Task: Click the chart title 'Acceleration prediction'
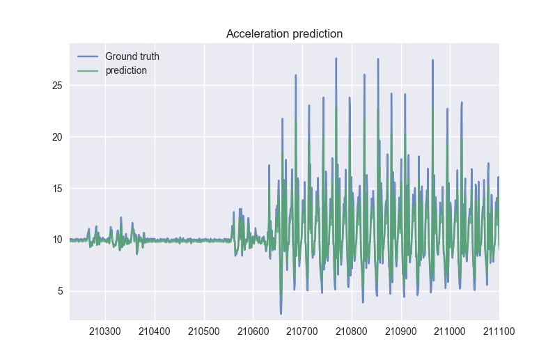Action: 284,33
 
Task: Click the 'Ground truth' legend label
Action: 132,56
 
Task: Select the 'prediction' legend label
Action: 125,70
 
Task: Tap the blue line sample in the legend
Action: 88,56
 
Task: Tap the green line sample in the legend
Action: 88,70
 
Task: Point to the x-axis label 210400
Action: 155,333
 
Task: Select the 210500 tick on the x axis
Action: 204,333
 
